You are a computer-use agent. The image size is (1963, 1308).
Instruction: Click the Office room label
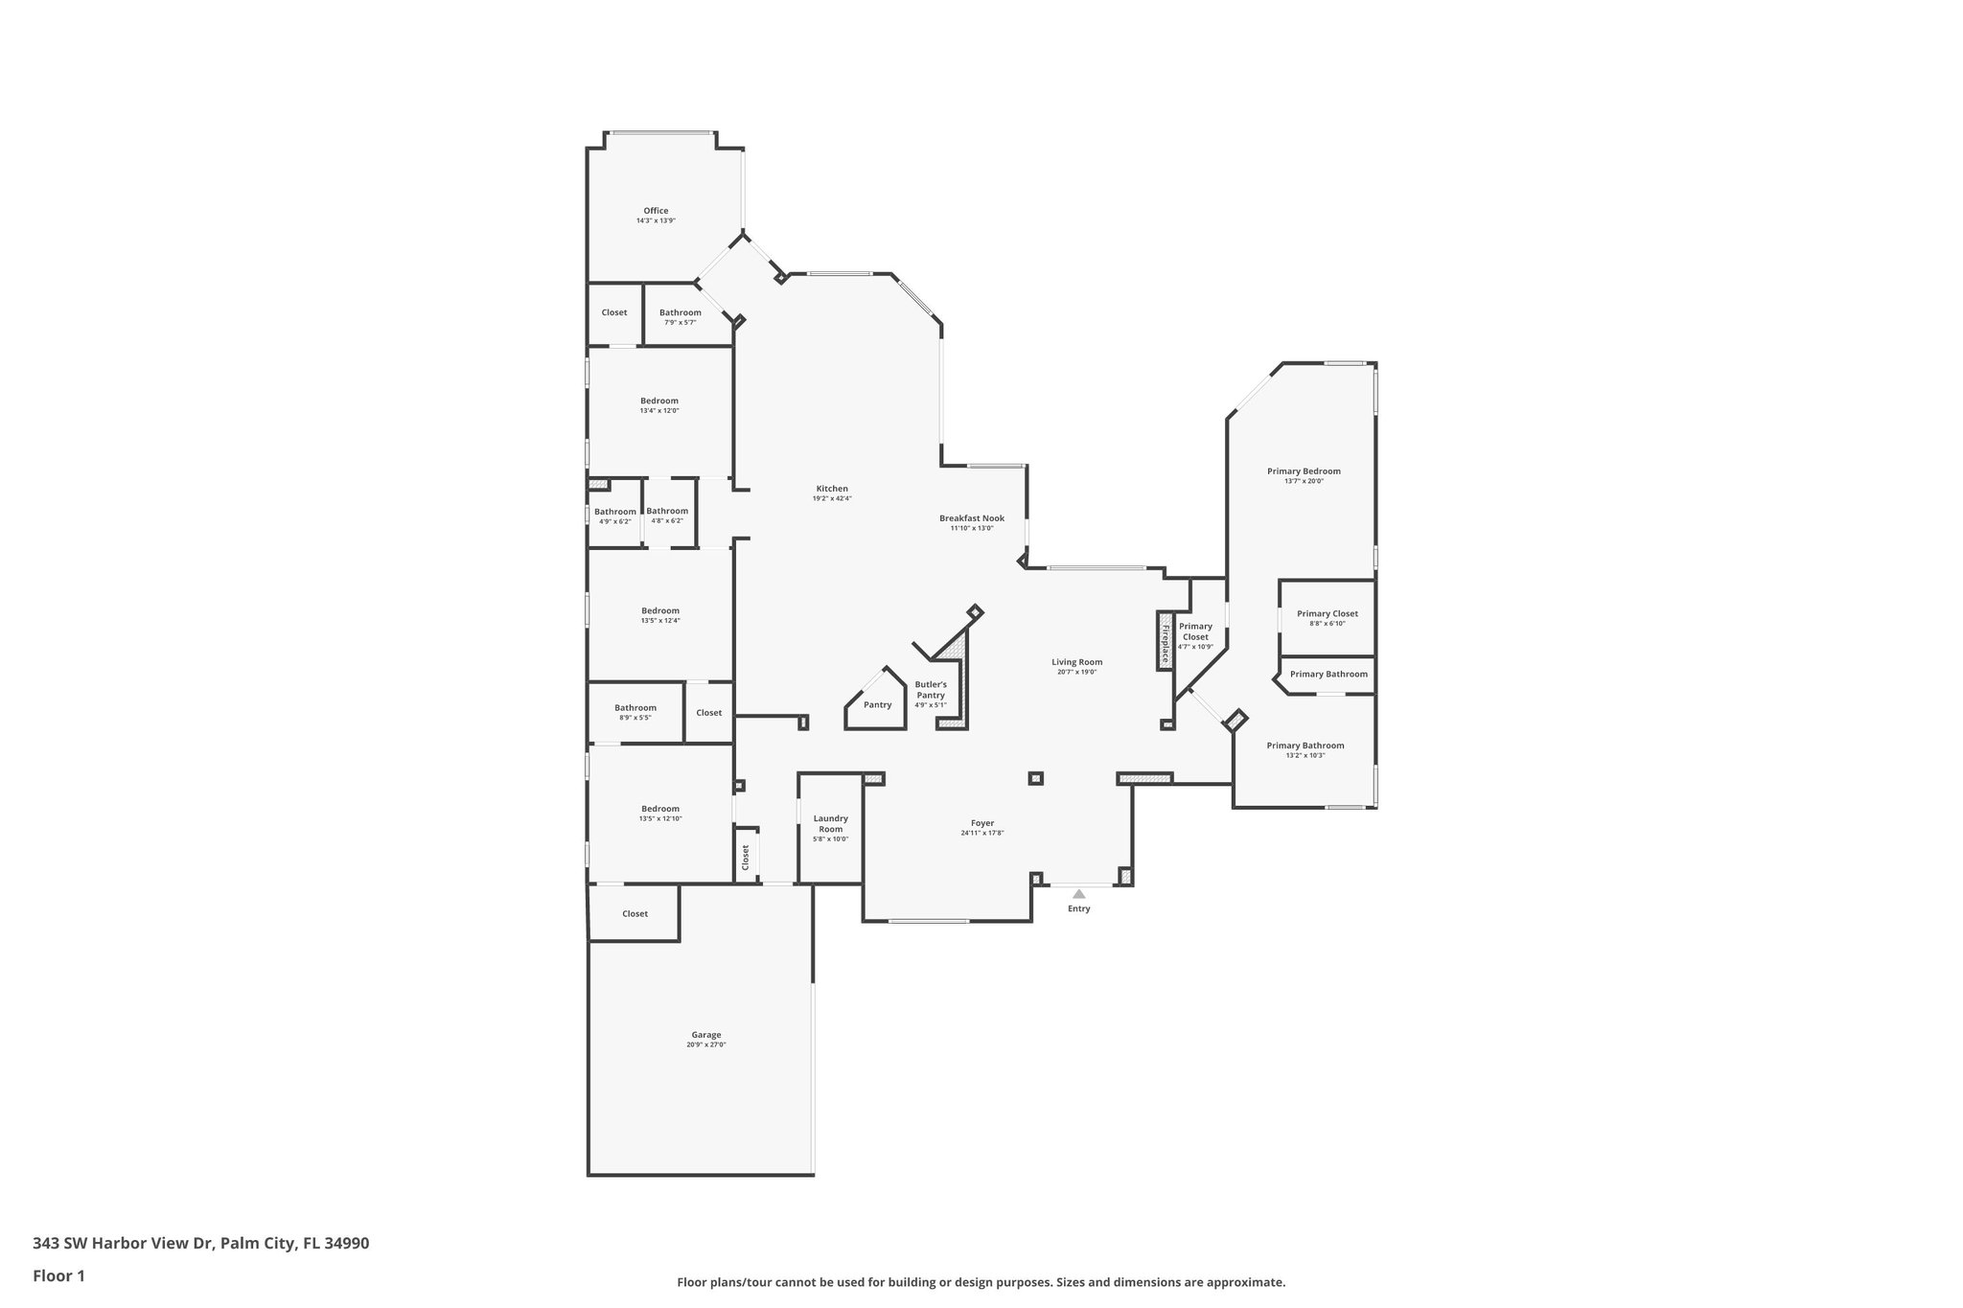click(656, 211)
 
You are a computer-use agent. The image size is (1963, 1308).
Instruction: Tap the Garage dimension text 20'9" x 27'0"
click(706, 1044)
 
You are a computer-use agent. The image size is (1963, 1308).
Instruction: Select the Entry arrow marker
click(1078, 894)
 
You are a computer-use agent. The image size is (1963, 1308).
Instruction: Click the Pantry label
click(877, 704)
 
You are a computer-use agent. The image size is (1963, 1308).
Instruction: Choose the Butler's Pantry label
click(931, 690)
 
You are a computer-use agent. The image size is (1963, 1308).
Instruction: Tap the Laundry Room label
click(830, 823)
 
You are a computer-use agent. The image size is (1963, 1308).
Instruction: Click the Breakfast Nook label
click(971, 518)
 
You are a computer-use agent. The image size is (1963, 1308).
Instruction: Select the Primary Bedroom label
click(1304, 471)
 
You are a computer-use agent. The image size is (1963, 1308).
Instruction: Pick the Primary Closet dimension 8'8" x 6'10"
click(1327, 624)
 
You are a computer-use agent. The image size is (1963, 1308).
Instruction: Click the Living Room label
click(1076, 662)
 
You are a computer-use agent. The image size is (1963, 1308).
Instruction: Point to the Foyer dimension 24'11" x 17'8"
click(981, 833)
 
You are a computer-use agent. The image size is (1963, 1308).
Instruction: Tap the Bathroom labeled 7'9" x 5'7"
click(680, 312)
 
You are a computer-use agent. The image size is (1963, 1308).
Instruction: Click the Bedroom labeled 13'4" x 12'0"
click(659, 401)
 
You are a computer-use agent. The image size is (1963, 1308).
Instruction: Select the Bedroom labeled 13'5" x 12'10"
click(659, 809)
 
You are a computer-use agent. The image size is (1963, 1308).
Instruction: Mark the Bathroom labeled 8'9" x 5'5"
click(635, 708)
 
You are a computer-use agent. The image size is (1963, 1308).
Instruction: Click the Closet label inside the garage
click(635, 914)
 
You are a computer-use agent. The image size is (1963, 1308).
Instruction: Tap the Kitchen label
click(832, 489)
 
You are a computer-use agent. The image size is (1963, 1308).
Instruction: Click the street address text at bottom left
click(200, 1244)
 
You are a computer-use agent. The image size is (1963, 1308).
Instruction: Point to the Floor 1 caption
click(58, 1275)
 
